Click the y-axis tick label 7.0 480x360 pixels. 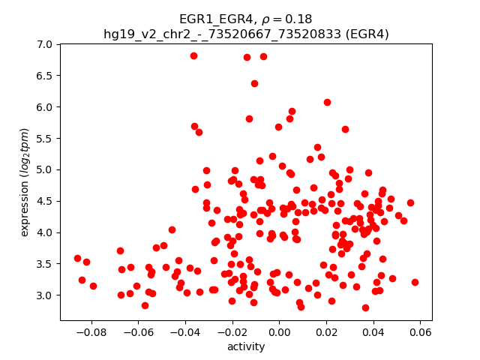click(45, 44)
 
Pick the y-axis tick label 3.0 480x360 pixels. click(45, 295)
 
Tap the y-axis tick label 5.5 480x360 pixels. click(45, 138)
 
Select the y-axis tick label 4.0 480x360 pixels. click(45, 232)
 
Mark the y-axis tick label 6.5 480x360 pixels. click(45, 76)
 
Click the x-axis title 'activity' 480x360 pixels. click(246, 346)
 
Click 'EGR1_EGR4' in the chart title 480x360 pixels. click(211, 19)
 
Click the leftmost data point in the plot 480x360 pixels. click(77, 258)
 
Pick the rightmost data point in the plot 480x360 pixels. click(415, 282)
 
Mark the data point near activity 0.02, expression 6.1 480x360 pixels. click(327, 102)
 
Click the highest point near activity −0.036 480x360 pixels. click(193, 55)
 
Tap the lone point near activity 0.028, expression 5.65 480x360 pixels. click(345, 129)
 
